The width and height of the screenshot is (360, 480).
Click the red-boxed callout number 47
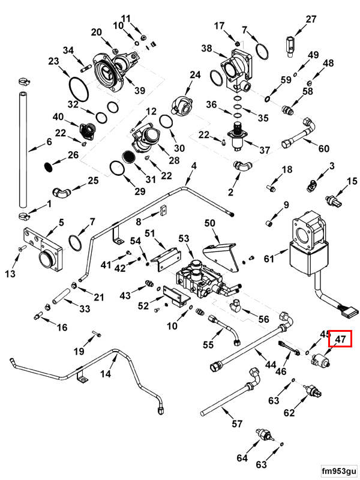click(x=341, y=340)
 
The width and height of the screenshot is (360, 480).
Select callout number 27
click(x=311, y=19)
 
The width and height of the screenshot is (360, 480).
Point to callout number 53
click(x=184, y=239)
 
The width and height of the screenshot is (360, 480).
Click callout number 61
click(x=268, y=259)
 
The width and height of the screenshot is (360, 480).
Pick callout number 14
click(x=106, y=374)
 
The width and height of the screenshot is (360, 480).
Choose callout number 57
click(x=237, y=424)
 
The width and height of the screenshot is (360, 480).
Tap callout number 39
click(x=140, y=91)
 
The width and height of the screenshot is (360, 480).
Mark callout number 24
click(x=194, y=75)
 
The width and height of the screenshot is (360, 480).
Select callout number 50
click(x=209, y=223)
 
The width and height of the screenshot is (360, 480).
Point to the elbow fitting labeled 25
click(x=61, y=191)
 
